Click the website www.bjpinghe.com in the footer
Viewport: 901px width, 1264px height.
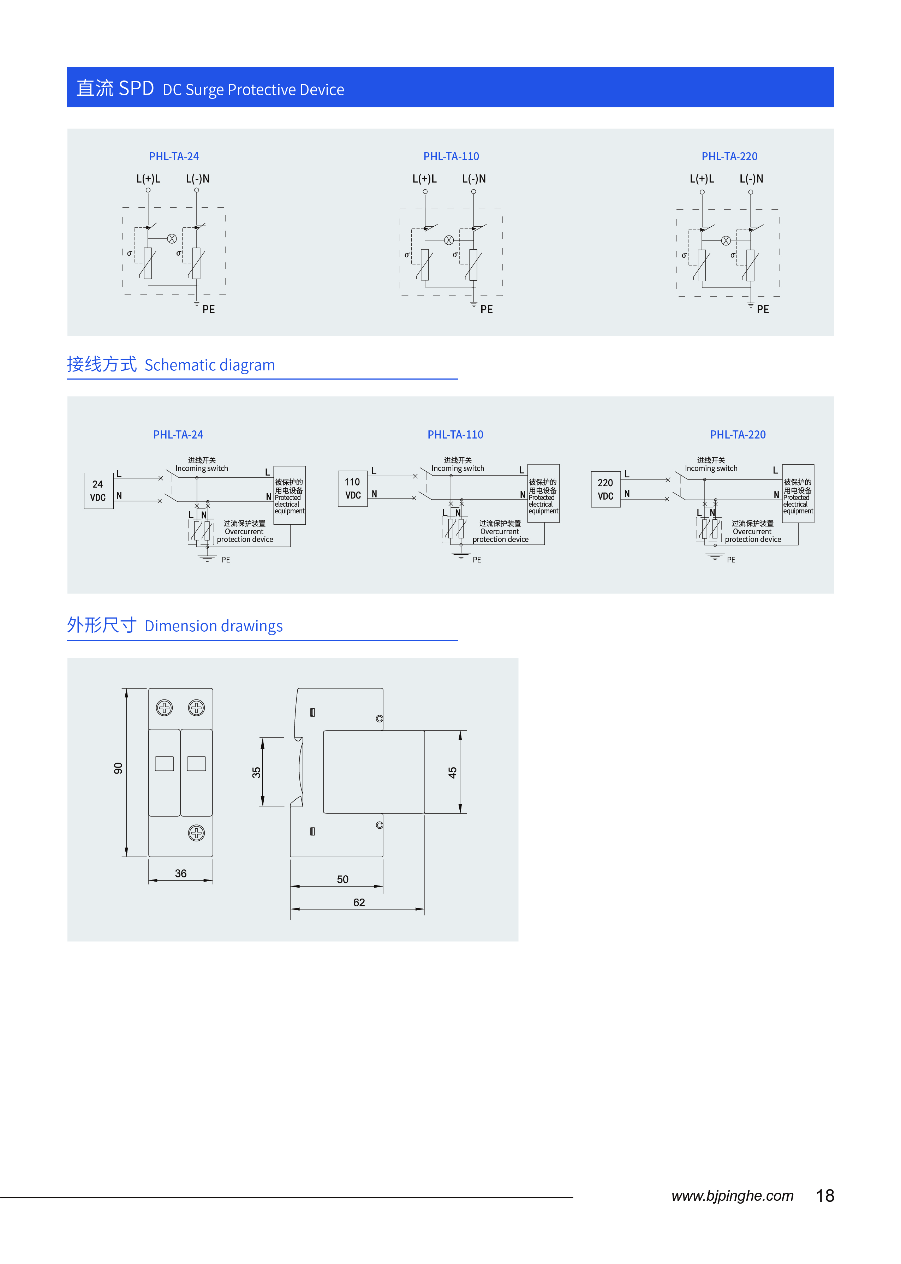coord(732,1196)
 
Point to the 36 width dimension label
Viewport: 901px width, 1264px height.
coord(181,874)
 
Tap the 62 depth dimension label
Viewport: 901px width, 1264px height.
coord(359,902)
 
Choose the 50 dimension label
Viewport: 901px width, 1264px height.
coord(343,880)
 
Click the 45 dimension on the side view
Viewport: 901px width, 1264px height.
coord(453,773)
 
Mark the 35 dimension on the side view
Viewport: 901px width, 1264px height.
coord(256,773)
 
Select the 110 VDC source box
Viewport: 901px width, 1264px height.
coord(353,488)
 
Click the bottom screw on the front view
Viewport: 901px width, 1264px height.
coord(196,833)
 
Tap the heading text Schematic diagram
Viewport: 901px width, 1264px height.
coord(210,365)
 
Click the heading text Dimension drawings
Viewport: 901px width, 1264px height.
coord(214,626)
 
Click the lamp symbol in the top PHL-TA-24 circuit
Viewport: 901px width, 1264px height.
coord(172,239)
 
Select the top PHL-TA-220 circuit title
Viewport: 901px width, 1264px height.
coord(729,156)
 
